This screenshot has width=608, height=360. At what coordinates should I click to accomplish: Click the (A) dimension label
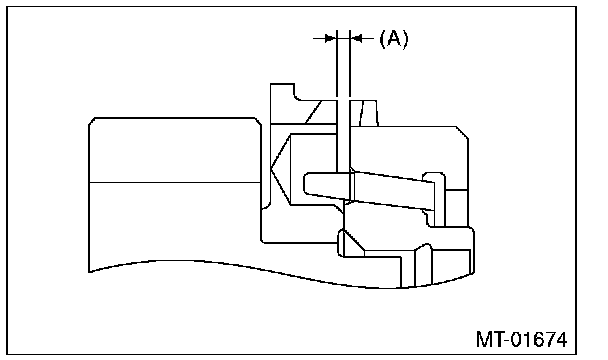point(394,39)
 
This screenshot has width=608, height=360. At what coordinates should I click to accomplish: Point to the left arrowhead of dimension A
point(330,38)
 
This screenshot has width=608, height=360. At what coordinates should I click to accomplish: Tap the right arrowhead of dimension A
point(356,38)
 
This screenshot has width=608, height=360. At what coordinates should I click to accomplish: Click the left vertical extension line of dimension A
point(337,101)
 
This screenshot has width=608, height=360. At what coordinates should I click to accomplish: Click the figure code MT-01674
point(521,339)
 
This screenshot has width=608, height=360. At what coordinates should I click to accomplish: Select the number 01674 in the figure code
point(539,339)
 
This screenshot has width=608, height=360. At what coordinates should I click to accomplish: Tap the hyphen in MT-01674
point(507,341)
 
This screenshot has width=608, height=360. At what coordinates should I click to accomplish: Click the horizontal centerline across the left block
point(175,182)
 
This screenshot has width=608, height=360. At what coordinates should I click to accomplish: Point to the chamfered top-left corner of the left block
point(92,121)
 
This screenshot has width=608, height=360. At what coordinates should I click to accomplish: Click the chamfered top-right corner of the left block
point(258,121)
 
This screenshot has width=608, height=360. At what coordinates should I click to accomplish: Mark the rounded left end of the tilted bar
point(306,182)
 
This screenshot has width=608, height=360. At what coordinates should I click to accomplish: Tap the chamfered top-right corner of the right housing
point(462,132)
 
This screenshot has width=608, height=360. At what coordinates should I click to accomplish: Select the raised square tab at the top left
point(282,92)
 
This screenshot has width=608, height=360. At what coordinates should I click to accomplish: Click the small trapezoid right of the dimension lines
point(369,113)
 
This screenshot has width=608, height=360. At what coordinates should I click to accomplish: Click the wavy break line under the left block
point(281,272)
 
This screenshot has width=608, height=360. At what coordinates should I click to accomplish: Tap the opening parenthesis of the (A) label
point(382,39)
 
